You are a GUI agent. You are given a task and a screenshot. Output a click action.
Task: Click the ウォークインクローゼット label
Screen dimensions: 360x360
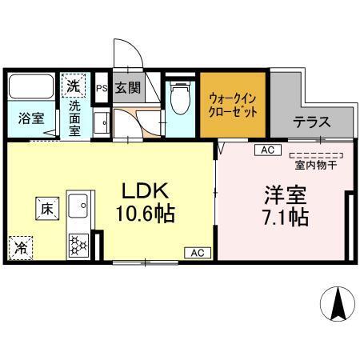232,105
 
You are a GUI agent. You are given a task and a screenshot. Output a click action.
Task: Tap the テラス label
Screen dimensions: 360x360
311,123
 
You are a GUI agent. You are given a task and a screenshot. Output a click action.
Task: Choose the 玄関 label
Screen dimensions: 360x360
128,87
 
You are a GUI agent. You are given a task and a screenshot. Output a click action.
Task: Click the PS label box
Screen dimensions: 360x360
102,88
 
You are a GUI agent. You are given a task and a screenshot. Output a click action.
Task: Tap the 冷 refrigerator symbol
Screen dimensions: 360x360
20,249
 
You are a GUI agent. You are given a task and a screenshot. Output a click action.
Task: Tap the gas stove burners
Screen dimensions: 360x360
80,244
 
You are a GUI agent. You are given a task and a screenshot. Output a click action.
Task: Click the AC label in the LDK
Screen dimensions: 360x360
196,252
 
